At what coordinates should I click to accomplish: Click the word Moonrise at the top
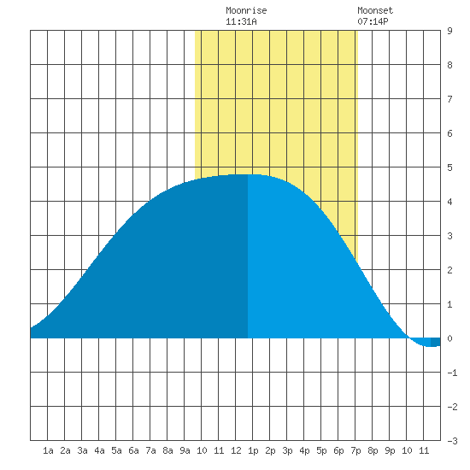point(246,10)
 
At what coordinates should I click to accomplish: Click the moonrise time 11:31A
point(241,21)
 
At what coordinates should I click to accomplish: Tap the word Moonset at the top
point(375,10)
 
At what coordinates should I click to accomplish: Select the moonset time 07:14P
point(373,21)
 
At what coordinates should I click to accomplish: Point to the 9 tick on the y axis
point(449,31)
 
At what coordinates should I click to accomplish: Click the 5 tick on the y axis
point(449,167)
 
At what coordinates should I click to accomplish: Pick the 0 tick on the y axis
point(449,338)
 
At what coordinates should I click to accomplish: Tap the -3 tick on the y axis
point(452,441)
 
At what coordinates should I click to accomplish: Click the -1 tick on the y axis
point(452,373)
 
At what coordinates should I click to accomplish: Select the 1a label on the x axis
point(48,450)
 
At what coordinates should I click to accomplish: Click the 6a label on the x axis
point(133,450)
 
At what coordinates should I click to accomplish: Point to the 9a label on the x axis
point(185,450)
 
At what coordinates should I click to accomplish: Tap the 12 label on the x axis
point(236,450)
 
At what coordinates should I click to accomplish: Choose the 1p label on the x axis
point(253,450)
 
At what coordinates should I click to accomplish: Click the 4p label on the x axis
point(304,450)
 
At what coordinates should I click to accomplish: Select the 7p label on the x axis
point(355,450)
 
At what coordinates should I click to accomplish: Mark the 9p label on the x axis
point(390,450)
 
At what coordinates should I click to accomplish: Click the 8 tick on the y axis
point(449,65)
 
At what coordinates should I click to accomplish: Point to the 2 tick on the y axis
point(449,270)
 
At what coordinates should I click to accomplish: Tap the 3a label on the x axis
point(82,450)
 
